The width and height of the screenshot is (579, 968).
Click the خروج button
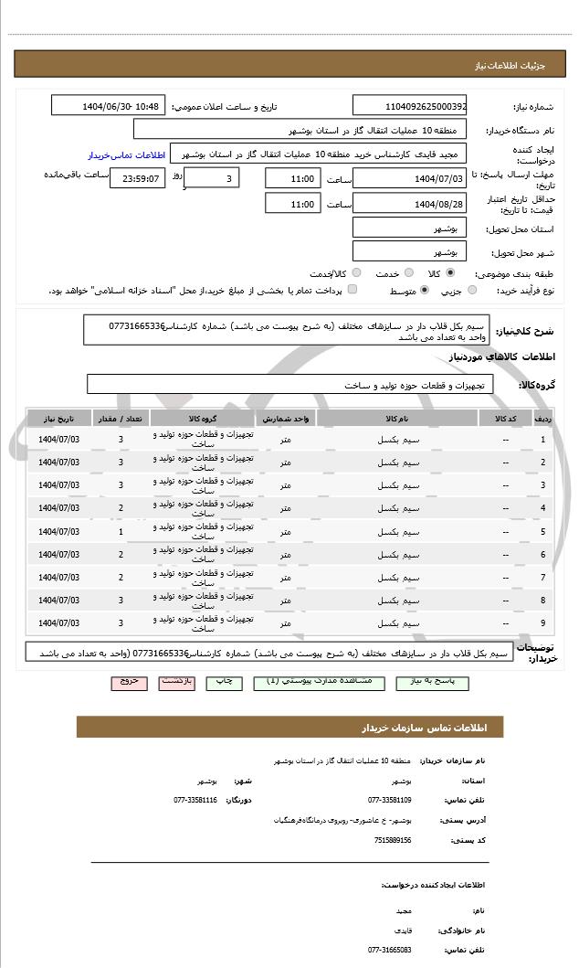[x=129, y=682]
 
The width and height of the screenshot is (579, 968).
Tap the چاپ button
[x=224, y=682]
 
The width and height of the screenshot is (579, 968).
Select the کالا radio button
[x=450, y=272]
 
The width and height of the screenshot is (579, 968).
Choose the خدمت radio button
[x=407, y=272]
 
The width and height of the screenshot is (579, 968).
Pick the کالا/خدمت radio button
[x=356, y=272]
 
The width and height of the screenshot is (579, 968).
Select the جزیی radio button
[x=472, y=290]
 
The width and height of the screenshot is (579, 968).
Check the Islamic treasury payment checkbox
[x=353, y=290]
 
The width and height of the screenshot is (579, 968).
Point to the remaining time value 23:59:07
[x=138, y=178]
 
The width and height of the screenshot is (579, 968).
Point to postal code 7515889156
[x=393, y=840]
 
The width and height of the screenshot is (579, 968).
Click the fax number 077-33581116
[x=195, y=800]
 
